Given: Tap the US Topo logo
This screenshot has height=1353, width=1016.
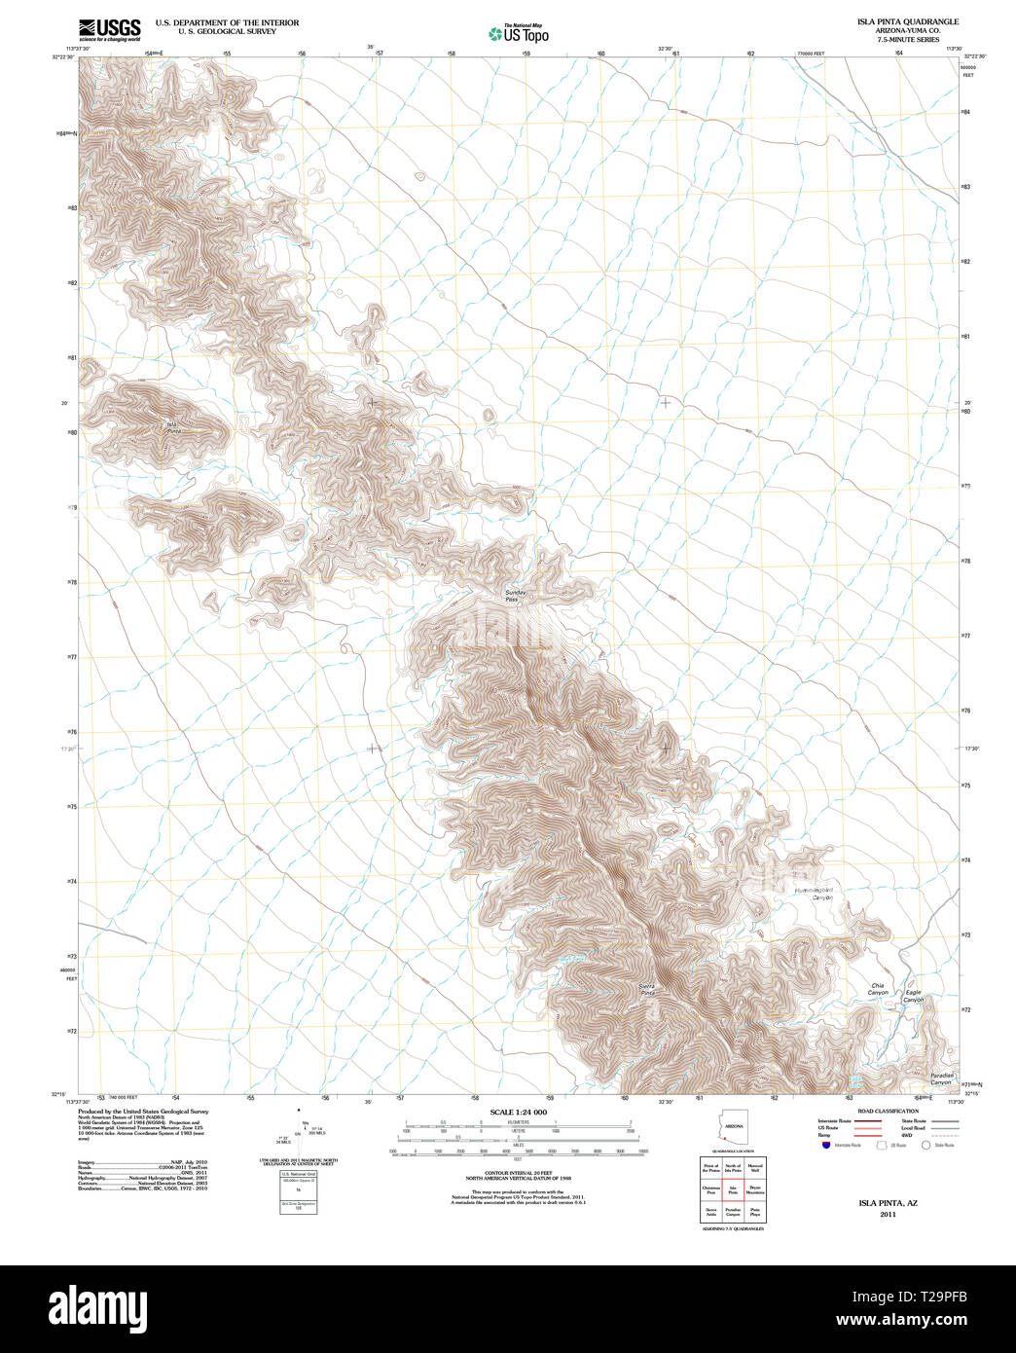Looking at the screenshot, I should point(519,34).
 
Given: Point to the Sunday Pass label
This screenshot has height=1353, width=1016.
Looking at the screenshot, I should point(516,596).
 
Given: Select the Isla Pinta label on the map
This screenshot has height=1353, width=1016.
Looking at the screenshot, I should point(172,426).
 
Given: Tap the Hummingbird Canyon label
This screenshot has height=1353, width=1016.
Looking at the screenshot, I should point(815,893).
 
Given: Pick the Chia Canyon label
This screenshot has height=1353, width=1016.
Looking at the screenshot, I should point(878,989).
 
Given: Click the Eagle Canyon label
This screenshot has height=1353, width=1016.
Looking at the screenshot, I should point(913,996).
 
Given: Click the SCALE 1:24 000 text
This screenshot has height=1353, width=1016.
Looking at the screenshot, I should point(518,1112).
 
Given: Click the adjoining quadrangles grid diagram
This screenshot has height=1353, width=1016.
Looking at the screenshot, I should point(733,1188).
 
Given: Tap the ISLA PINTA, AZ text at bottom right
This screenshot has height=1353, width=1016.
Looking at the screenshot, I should point(887,1203).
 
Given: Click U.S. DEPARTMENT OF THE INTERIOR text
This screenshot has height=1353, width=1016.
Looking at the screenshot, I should point(235,22).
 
